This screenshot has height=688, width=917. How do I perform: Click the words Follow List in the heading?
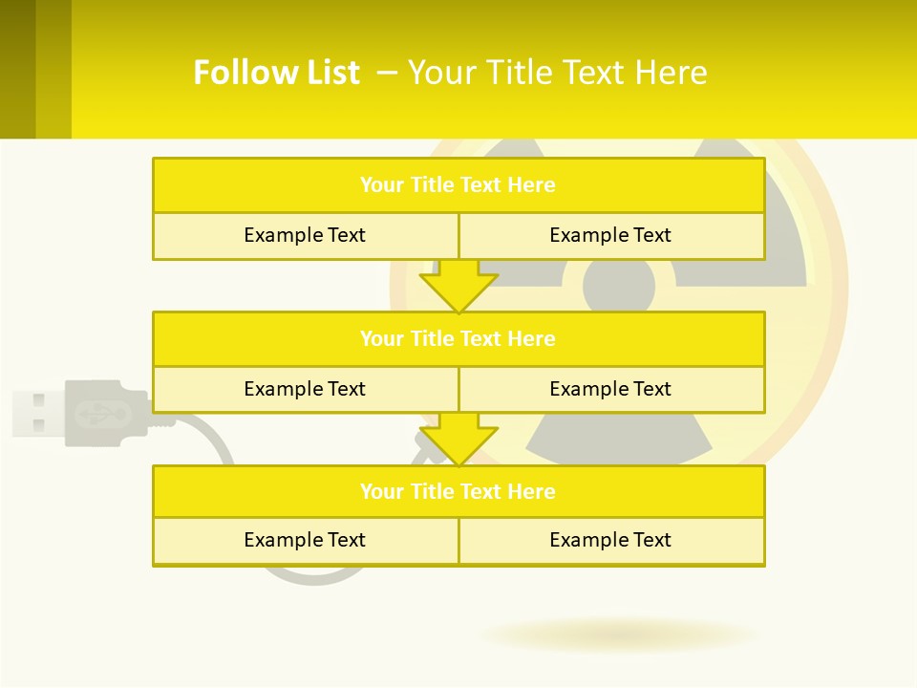coord(276,73)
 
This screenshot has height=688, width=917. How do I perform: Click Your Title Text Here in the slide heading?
coord(558,73)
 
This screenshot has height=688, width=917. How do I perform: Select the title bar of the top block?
coord(458,185)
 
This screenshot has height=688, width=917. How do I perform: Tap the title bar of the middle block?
coord(458,338)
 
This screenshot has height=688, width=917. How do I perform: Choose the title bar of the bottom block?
coord(458,491)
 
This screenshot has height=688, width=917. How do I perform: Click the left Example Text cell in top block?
coord(305,235)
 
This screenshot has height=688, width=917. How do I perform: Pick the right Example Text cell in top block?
coord(610,235)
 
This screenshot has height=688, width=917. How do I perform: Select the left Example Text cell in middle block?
coord(305,389)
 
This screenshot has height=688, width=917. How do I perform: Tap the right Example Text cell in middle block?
coord(610,389)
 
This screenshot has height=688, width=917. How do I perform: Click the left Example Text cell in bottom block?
coord(305,540)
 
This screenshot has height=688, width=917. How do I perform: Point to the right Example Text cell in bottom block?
coord(610,540)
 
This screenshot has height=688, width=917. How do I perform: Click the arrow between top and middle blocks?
coord(458,289)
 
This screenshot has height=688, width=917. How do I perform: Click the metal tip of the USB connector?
coord(36,413)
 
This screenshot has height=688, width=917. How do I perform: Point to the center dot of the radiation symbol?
coord(619,284)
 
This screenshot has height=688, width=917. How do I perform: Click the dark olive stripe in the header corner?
coord(17,69)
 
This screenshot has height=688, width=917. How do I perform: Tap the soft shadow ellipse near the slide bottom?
coord(619,634)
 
